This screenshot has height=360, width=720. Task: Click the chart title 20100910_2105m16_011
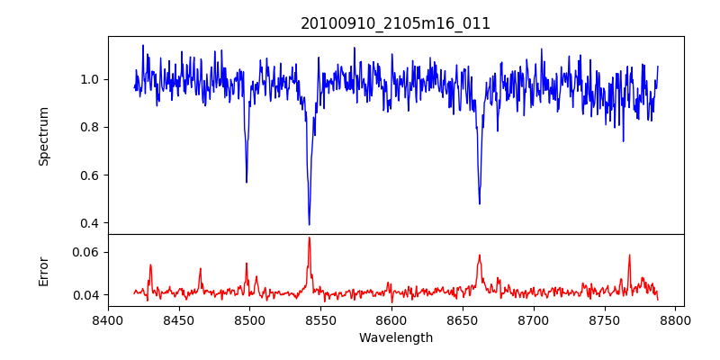(x=395, y=24)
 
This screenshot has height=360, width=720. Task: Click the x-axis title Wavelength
(x=395, y=338)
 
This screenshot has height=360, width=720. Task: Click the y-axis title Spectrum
(x=44, y=136)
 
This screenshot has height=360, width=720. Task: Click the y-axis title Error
(x=44, y=270)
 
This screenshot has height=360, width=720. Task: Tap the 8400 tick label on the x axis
(x=108, y=319)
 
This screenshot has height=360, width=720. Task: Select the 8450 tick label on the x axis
(x=179, y=319)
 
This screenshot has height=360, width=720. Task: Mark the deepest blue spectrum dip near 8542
(x=309, y=224)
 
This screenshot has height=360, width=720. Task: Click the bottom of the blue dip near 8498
(x=247, y=182)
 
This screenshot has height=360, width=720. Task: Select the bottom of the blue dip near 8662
(x=480, y=203)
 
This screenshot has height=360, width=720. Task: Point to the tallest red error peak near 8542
(x=309, y=238)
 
